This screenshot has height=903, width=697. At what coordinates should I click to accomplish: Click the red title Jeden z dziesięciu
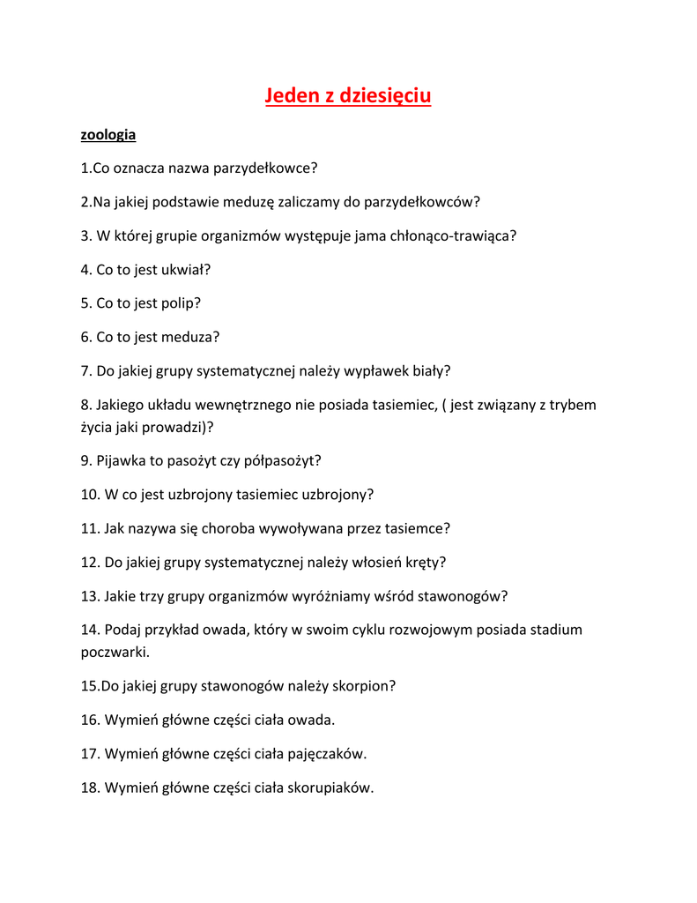click(x=348, y=95)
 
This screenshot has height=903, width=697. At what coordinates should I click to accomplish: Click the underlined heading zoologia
click(x=108, y=135)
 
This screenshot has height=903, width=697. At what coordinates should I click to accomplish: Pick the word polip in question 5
click(x=179, y=303)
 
